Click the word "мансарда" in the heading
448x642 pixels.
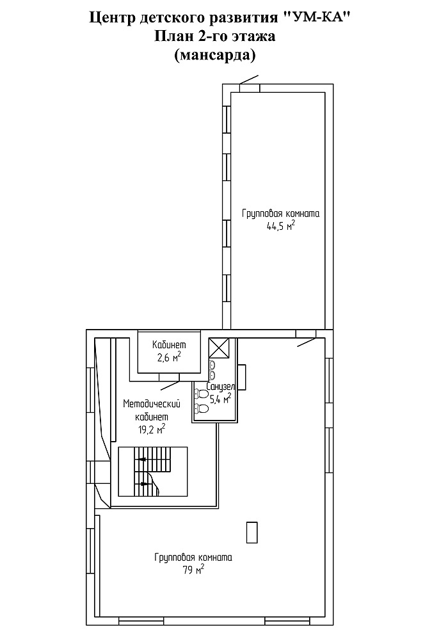pos(215,54)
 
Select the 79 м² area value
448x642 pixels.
pos(194,569)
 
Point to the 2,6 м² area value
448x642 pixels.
pos(169,357)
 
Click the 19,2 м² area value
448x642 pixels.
pos(152,429)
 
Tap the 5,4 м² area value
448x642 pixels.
pos(220,398)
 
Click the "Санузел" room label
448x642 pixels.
pos(220,387)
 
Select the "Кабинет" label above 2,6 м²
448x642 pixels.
pos(169,345)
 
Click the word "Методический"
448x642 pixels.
pos(152,404)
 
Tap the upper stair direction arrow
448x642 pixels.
pos(143,459)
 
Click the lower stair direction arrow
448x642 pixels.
pos(144,483)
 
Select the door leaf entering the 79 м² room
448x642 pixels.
pos(307,342)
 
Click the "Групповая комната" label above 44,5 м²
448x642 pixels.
pos(281,214)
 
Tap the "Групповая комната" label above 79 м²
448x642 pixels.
pos(193,558)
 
